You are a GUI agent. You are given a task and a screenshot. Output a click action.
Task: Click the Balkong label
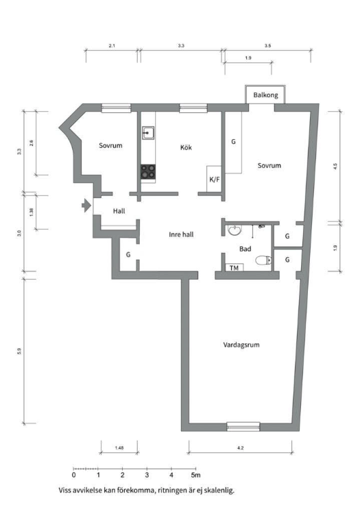(265, 96)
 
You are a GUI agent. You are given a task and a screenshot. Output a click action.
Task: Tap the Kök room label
(186, 147)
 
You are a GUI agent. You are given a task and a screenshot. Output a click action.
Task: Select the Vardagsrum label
(245, 345)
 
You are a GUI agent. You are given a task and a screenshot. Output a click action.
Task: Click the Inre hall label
(181, 234)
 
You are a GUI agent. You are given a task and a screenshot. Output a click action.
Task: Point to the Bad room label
(247, 250)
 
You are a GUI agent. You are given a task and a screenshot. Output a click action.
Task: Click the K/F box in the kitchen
(214, 180)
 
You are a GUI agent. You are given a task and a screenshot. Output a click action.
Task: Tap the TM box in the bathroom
(234, 267)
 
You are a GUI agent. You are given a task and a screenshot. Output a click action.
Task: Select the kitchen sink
(148, 133)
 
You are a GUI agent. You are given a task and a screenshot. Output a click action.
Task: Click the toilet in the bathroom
(262, 260)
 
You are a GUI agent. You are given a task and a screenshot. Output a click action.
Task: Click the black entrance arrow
(85, 205)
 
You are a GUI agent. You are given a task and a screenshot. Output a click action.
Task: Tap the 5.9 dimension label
(21, 352)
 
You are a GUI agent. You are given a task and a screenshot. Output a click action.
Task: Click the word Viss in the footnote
(65, 491)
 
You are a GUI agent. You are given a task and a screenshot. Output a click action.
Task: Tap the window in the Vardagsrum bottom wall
(243, 426)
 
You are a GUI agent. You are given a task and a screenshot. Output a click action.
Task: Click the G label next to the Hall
(128, 255)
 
